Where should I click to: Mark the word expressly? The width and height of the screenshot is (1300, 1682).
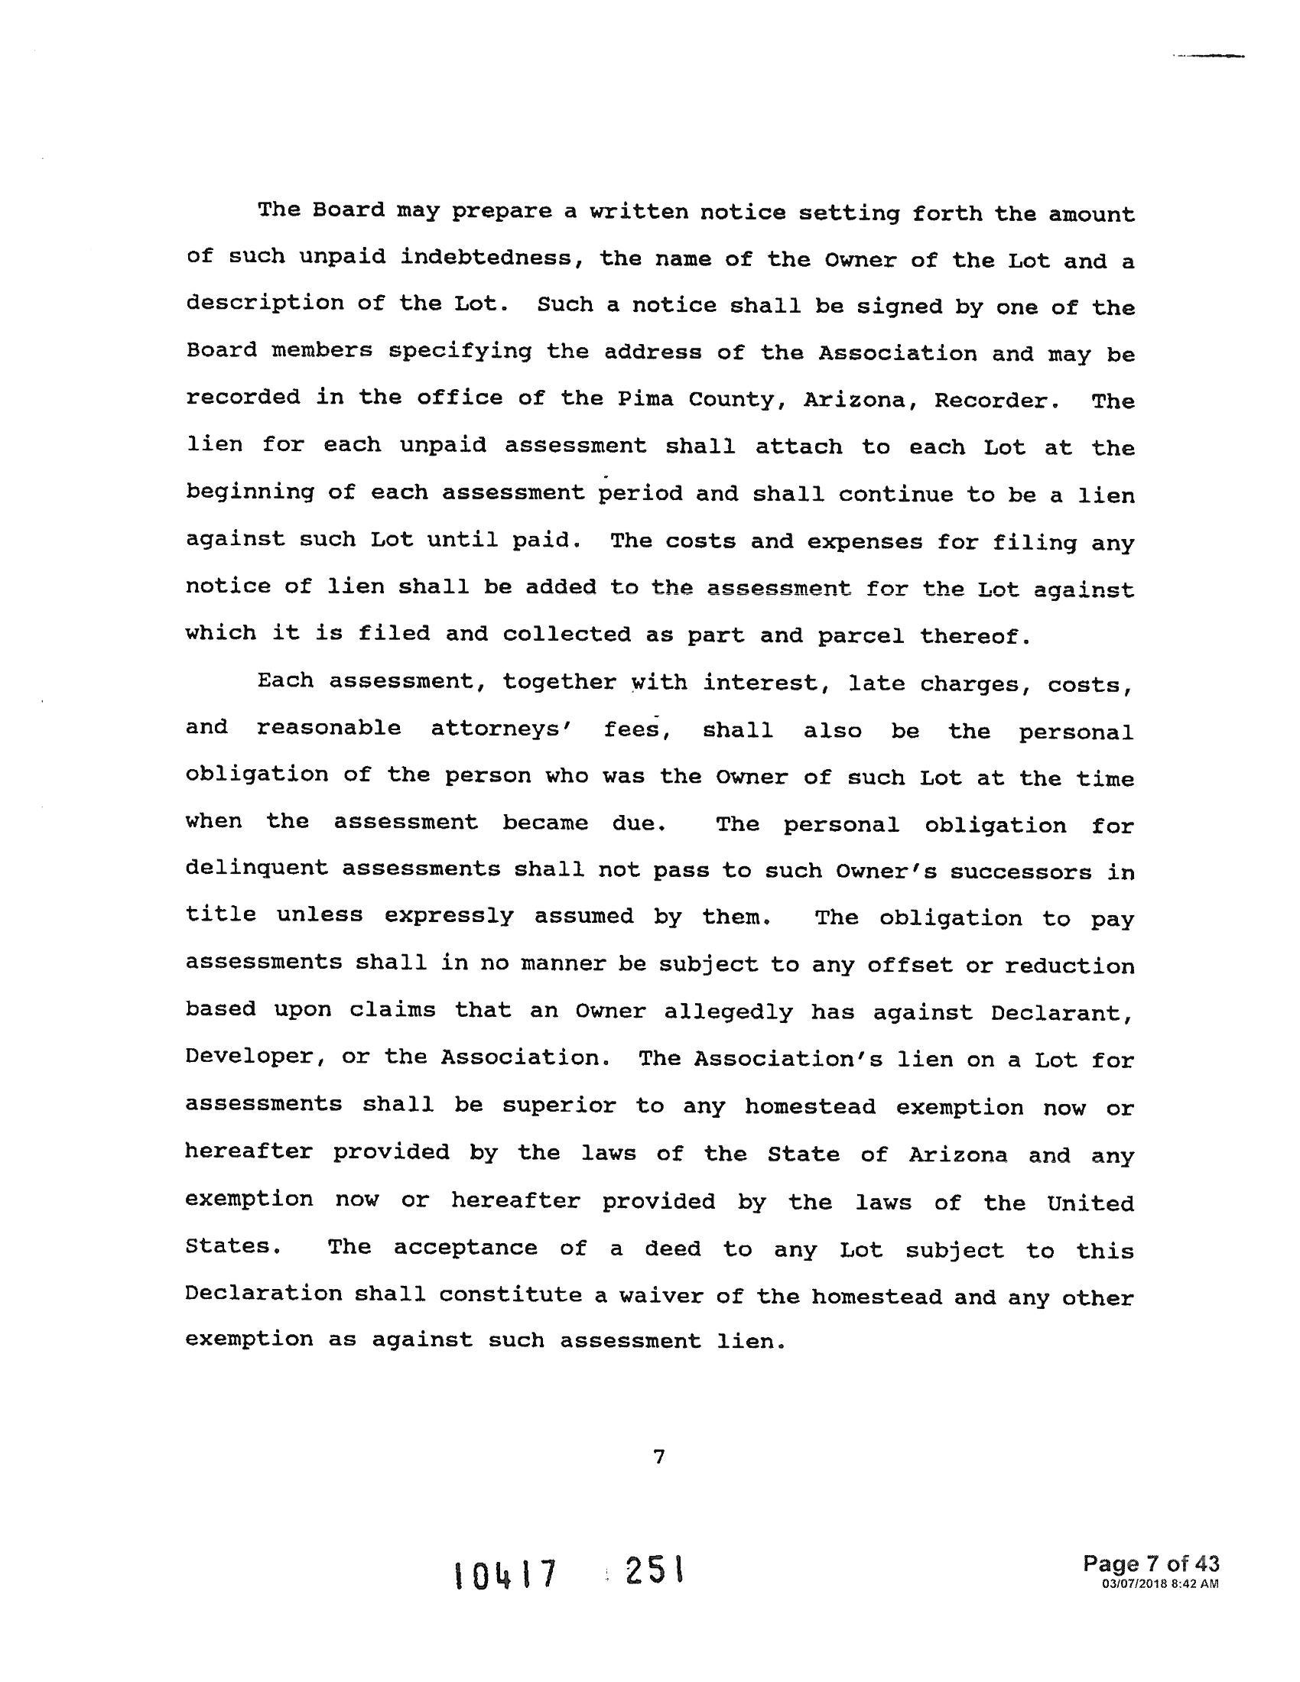(x=448, y=917)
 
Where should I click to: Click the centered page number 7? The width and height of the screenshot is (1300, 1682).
(x=658, y=1457)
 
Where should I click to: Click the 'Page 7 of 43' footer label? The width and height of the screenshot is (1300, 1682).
(x=1151, y=1564)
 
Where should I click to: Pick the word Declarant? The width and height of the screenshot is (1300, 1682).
(x=1062, y=1013)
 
